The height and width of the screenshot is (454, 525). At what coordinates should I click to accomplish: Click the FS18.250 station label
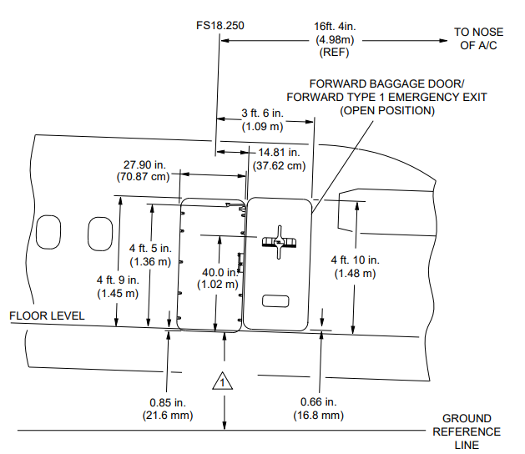pyautogui.click(x=220, y=25)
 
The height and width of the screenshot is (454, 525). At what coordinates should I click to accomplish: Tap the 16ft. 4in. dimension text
pyautogui.click(x=335, y=26)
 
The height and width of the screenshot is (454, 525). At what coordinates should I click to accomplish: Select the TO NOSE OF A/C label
pyautogui.click(x=478, y=38)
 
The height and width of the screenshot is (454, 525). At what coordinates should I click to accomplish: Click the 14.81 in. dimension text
pyautogui.click(x=279, y=153)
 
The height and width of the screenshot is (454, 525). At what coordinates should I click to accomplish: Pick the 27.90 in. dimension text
pyautogui.click(x=144, y=164)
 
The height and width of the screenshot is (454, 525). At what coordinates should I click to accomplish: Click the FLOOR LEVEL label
pyautogui.click(x=47, y=315)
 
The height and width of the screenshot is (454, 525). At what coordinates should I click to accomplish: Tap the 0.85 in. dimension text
pyautogui.click(x=168, y=402)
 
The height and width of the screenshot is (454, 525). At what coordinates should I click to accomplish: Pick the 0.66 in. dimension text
pyautogui.click(x=318, y=401)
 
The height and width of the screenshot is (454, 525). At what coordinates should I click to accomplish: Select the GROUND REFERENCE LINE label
pyautogui.click(x=467, y=431)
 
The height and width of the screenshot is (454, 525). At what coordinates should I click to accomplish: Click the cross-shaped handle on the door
pyautogui.click(x=279, y=242)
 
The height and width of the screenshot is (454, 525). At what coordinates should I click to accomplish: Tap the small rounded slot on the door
pyautogui.click(x=275, y=301)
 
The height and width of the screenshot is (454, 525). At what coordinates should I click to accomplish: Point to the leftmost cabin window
pyautogui.click(x=48, y=232)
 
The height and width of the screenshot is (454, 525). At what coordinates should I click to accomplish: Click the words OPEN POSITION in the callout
pyautogui.click(x=387, y=111)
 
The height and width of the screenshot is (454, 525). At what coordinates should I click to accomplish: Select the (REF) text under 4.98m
pyautogui.click(x=334, y=53)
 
